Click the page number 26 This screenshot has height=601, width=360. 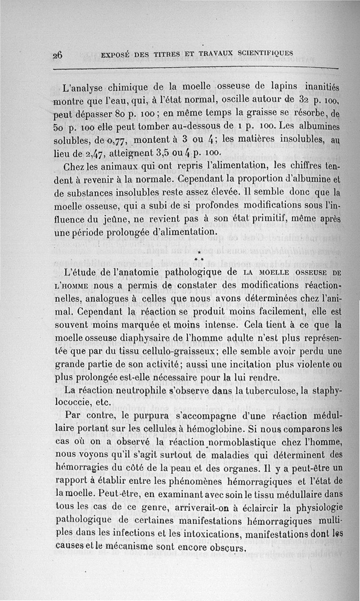point(58,55)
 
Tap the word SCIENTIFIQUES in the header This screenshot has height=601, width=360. point(266,53)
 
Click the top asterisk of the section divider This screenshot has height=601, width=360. point(198,254)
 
